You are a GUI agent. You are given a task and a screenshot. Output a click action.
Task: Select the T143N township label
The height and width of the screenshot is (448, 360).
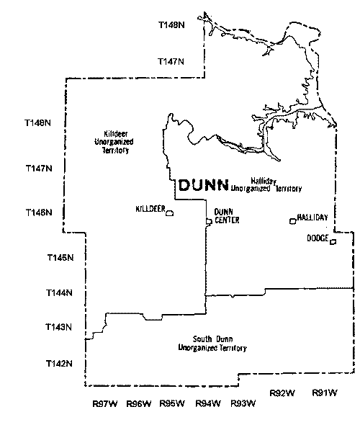(60, 328)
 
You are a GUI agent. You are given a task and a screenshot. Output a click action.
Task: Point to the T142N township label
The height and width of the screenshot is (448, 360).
(60, 362)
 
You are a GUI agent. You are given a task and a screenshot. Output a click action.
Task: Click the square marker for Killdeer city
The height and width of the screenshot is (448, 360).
(169, 213)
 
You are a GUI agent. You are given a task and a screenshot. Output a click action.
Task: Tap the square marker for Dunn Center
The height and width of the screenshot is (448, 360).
(209, 221)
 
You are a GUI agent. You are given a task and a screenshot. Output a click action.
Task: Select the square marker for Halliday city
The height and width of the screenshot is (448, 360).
(292, 220)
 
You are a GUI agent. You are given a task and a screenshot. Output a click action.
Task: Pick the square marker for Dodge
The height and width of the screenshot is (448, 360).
(333, 242)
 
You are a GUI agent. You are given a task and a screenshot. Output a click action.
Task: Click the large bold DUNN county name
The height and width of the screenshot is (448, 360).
(202, 185)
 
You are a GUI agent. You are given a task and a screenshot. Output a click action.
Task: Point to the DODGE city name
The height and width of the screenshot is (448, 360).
(318, 238)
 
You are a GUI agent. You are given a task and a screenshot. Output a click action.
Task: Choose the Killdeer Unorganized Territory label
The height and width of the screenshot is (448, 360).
(115, 143)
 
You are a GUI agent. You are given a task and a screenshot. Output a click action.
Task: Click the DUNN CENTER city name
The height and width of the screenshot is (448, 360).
(226, 216)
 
